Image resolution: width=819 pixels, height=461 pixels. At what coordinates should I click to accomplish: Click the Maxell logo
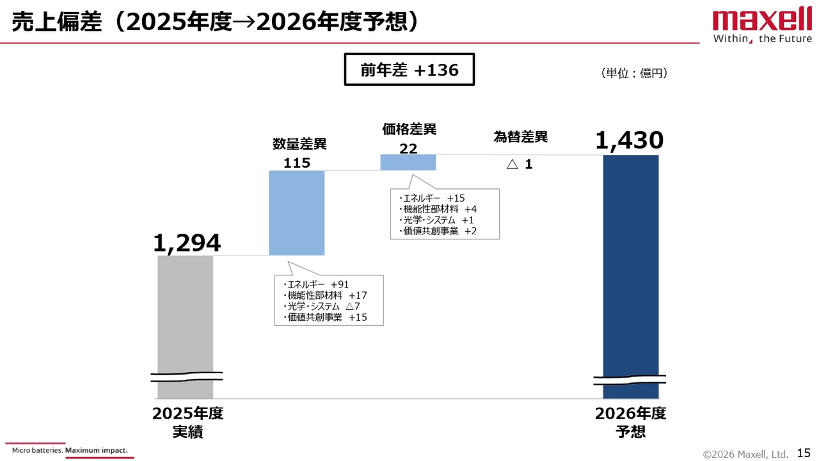coord(762,26)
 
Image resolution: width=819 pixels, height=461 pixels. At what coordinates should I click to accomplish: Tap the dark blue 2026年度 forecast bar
coord(630,269)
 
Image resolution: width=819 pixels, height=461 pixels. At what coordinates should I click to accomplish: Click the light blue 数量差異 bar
coord(297,213)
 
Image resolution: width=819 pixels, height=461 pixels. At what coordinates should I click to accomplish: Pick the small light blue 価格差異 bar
coord(408,162)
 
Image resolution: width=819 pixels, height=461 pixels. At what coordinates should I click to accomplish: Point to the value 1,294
coord(187,243)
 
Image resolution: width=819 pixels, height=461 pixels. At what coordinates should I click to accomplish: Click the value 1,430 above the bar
coord(629,141)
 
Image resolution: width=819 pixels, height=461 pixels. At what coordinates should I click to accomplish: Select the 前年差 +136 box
coord(409,70)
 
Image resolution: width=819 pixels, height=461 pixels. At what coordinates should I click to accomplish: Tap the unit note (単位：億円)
coord(634,74)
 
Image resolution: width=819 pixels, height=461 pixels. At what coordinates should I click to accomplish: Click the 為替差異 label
coord(521,137)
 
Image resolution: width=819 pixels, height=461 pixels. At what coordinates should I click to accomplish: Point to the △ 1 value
coord(520,165)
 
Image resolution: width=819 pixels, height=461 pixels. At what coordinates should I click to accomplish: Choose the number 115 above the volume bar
coord(297,163)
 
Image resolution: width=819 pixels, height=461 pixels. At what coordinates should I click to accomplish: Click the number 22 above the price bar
coord(408,149)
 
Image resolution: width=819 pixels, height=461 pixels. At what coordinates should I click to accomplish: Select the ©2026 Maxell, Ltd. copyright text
coord(745,454)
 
